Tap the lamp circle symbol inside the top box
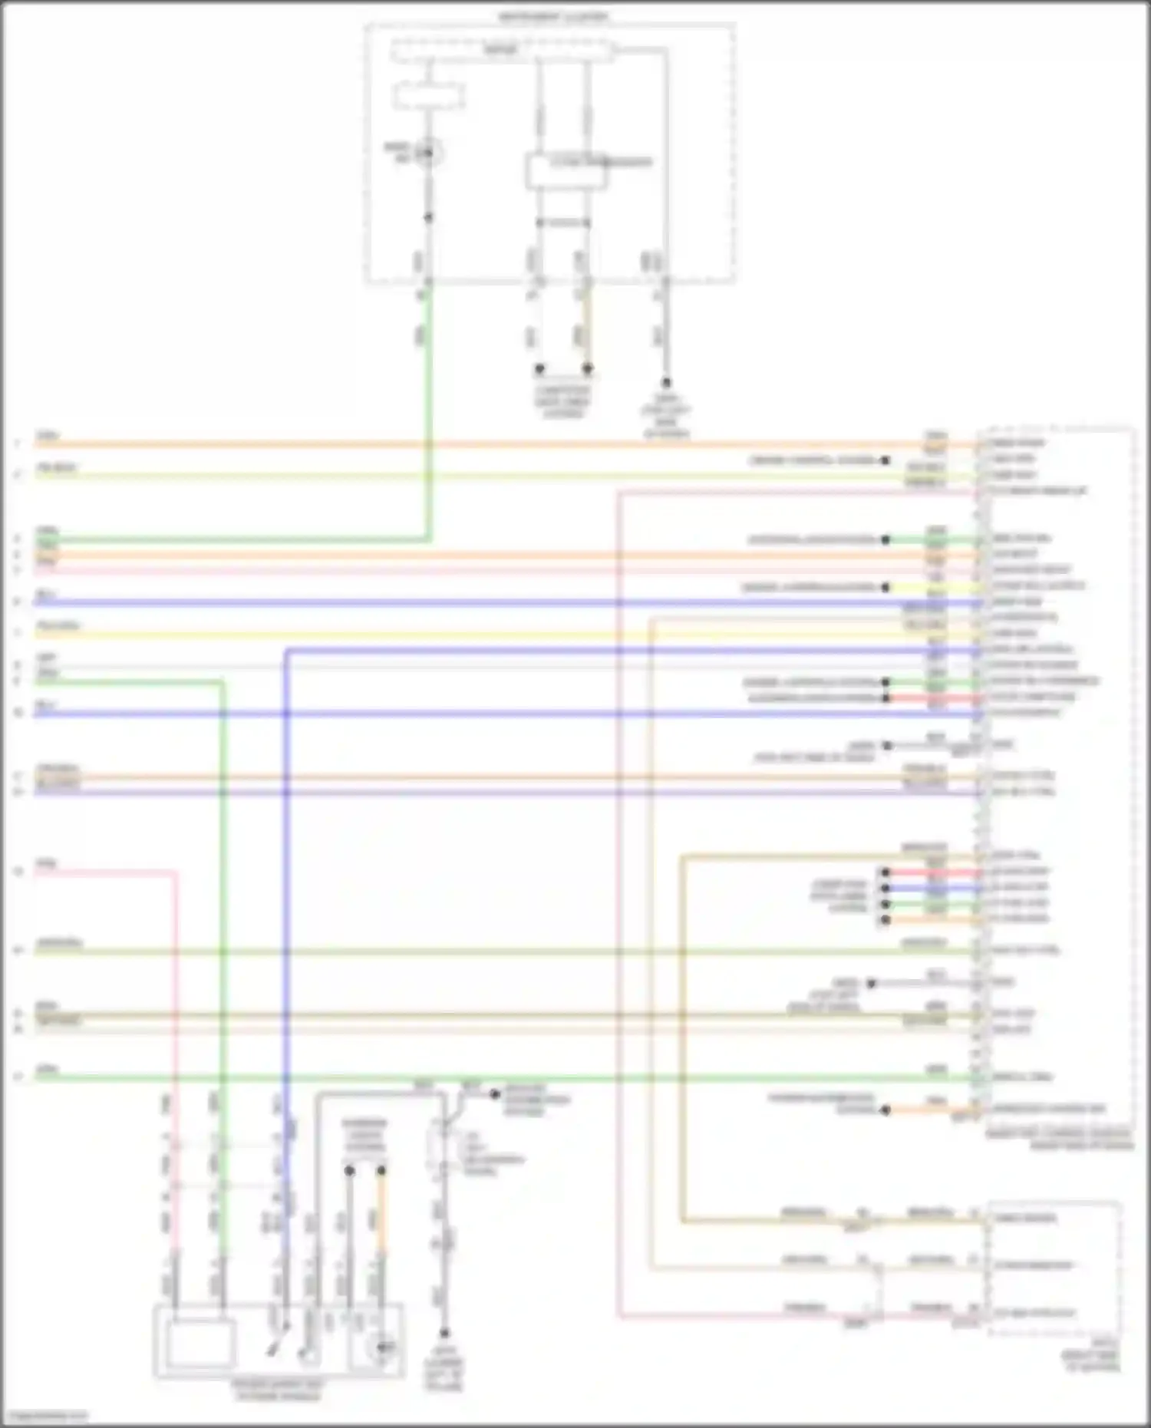(x=429, y=153)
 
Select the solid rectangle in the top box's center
(x=566, y=171)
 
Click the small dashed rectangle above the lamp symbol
(x=429, y=97)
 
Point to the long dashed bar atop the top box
(x=502, y=51)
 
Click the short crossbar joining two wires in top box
(x=563, y=223)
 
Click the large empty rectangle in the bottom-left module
(x=201, y=1344)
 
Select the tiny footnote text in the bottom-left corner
(x=45, y=1416)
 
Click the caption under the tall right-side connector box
(x=1059, y=1139)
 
